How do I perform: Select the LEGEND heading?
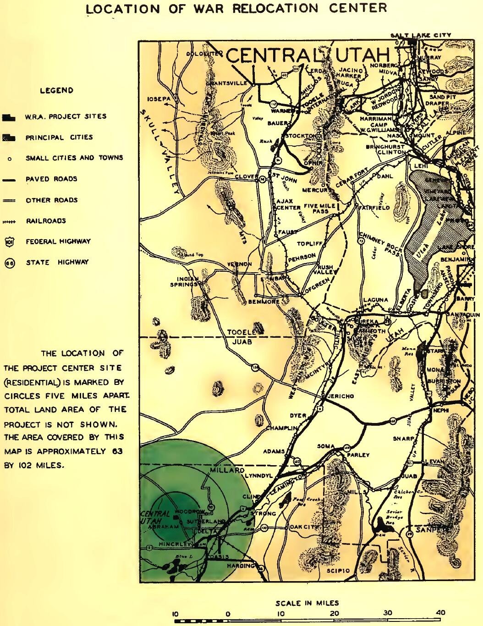click(x=56, y=91)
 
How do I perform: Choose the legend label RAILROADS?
click(x=46, y=221)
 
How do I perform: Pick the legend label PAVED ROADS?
click(x=51, y=179)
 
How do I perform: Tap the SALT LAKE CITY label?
click(x=421, y=35)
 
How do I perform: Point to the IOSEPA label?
click(x=159, y=99)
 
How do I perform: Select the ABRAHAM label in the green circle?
click(x=163, y=528)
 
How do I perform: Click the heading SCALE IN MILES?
click(x=307, y=603)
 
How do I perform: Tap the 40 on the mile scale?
click(x=440, y=614)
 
